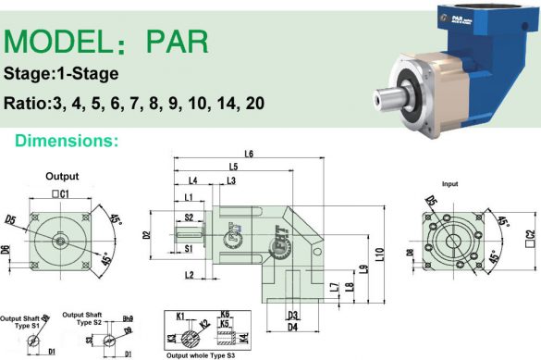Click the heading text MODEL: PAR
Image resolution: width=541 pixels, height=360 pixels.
pyautogui.click(x=107, y=41)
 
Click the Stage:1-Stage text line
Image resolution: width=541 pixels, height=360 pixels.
pyautogui.click(x=61, y=74)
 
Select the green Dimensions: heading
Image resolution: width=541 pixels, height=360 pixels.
pyautogui.click(x=64, y=141)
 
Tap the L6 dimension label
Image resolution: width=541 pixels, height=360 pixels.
pyautogui.click(x=249, y=154)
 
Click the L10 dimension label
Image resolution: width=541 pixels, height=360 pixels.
pyautogui.click(x=379, y=252)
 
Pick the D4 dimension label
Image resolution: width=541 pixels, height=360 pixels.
pyautogui.click(x=292, y=327)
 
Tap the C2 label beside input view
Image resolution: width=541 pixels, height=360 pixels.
pyautogui.click(x=529, y=236)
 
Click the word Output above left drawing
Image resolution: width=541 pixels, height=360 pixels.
pyautogui.click(x=62, y=176)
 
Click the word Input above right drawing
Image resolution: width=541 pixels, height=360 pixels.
pyautogui.click(x=450, y=184)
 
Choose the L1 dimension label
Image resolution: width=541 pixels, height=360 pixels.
pyautogui.click(x=189, y=197)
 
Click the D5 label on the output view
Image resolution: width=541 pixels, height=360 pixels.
pyautogui.click(x=10, y=220)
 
